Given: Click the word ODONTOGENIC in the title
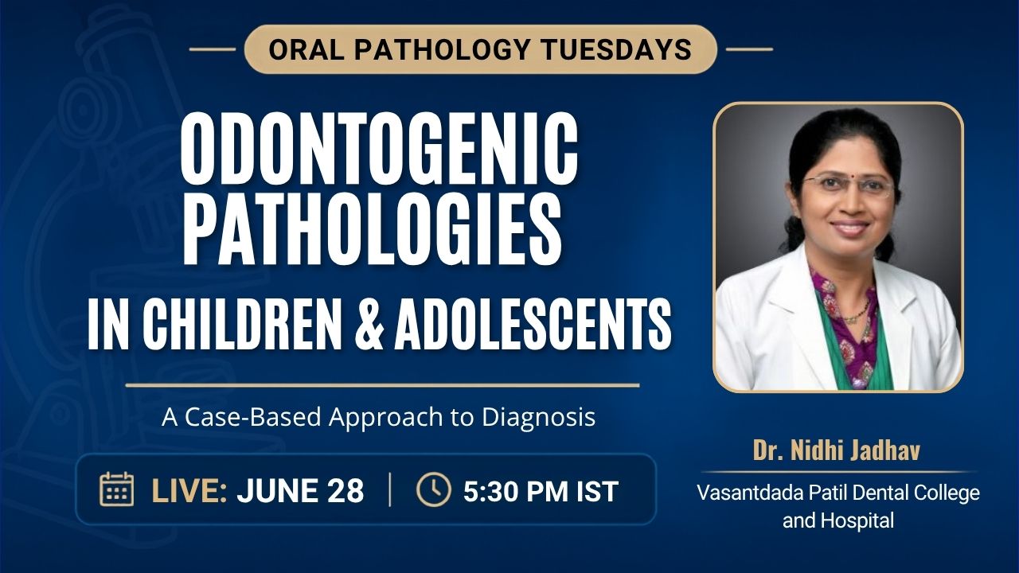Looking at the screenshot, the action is pos(379,150).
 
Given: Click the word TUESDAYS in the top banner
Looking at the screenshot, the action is pos(616,49).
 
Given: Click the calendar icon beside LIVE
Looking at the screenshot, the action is pos(116,489).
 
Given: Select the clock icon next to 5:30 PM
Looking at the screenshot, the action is pos(434,489).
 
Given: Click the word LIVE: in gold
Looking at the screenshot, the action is pos(189,491).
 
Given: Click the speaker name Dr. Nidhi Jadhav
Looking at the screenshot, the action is pos(837,450).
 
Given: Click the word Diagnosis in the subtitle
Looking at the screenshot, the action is pos(539,418).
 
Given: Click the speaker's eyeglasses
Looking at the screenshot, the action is pos(849,185).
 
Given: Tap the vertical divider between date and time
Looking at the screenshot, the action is pos(390,489).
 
